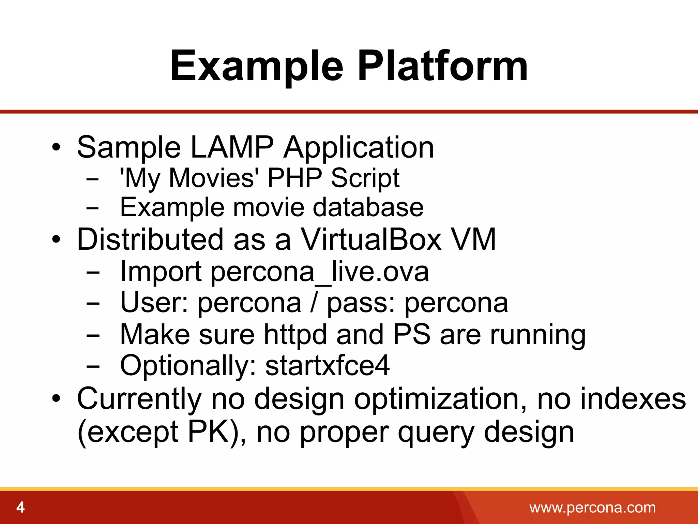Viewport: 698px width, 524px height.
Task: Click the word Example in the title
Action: pos(256,67)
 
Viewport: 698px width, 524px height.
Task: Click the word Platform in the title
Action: pos(442,67)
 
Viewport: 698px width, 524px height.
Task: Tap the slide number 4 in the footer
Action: pos(20,508)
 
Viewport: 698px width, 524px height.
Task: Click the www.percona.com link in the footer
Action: pos(592,508)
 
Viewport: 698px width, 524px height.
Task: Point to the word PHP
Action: pos(294,178)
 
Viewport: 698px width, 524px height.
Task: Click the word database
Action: pos(368,207)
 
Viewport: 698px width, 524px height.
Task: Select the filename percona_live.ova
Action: pos(320,272)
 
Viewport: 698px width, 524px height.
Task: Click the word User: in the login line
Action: pos(154,303)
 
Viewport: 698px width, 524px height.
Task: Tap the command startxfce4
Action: pos(327,365)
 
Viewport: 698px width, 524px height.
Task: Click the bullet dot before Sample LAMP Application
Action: pos(56,148)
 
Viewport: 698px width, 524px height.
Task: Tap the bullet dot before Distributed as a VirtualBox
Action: pos(56,240)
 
